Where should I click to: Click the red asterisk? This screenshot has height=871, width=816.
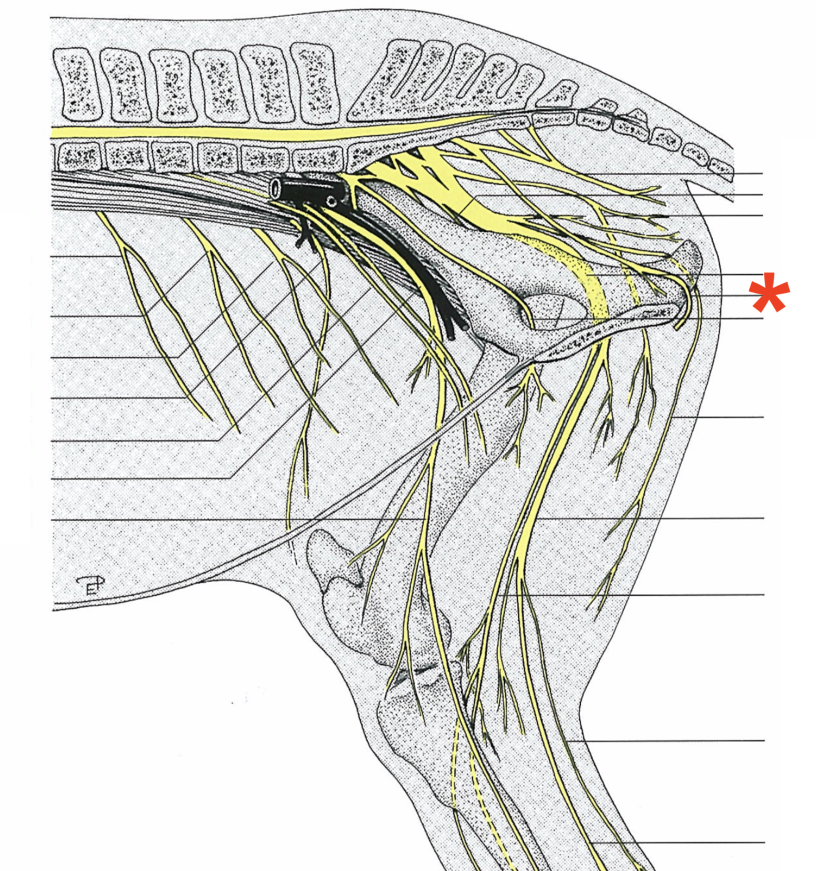(x=770, y=294)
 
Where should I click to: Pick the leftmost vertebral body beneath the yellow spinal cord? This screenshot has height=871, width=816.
(x=78, y=156)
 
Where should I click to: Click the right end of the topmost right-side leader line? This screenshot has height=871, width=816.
(x=762, y=174)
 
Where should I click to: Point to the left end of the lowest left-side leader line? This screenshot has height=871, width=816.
(x=53, y=520)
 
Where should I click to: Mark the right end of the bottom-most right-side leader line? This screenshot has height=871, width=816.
(x=763, y=843)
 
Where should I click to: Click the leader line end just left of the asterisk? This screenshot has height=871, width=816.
(x=762, y=296)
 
